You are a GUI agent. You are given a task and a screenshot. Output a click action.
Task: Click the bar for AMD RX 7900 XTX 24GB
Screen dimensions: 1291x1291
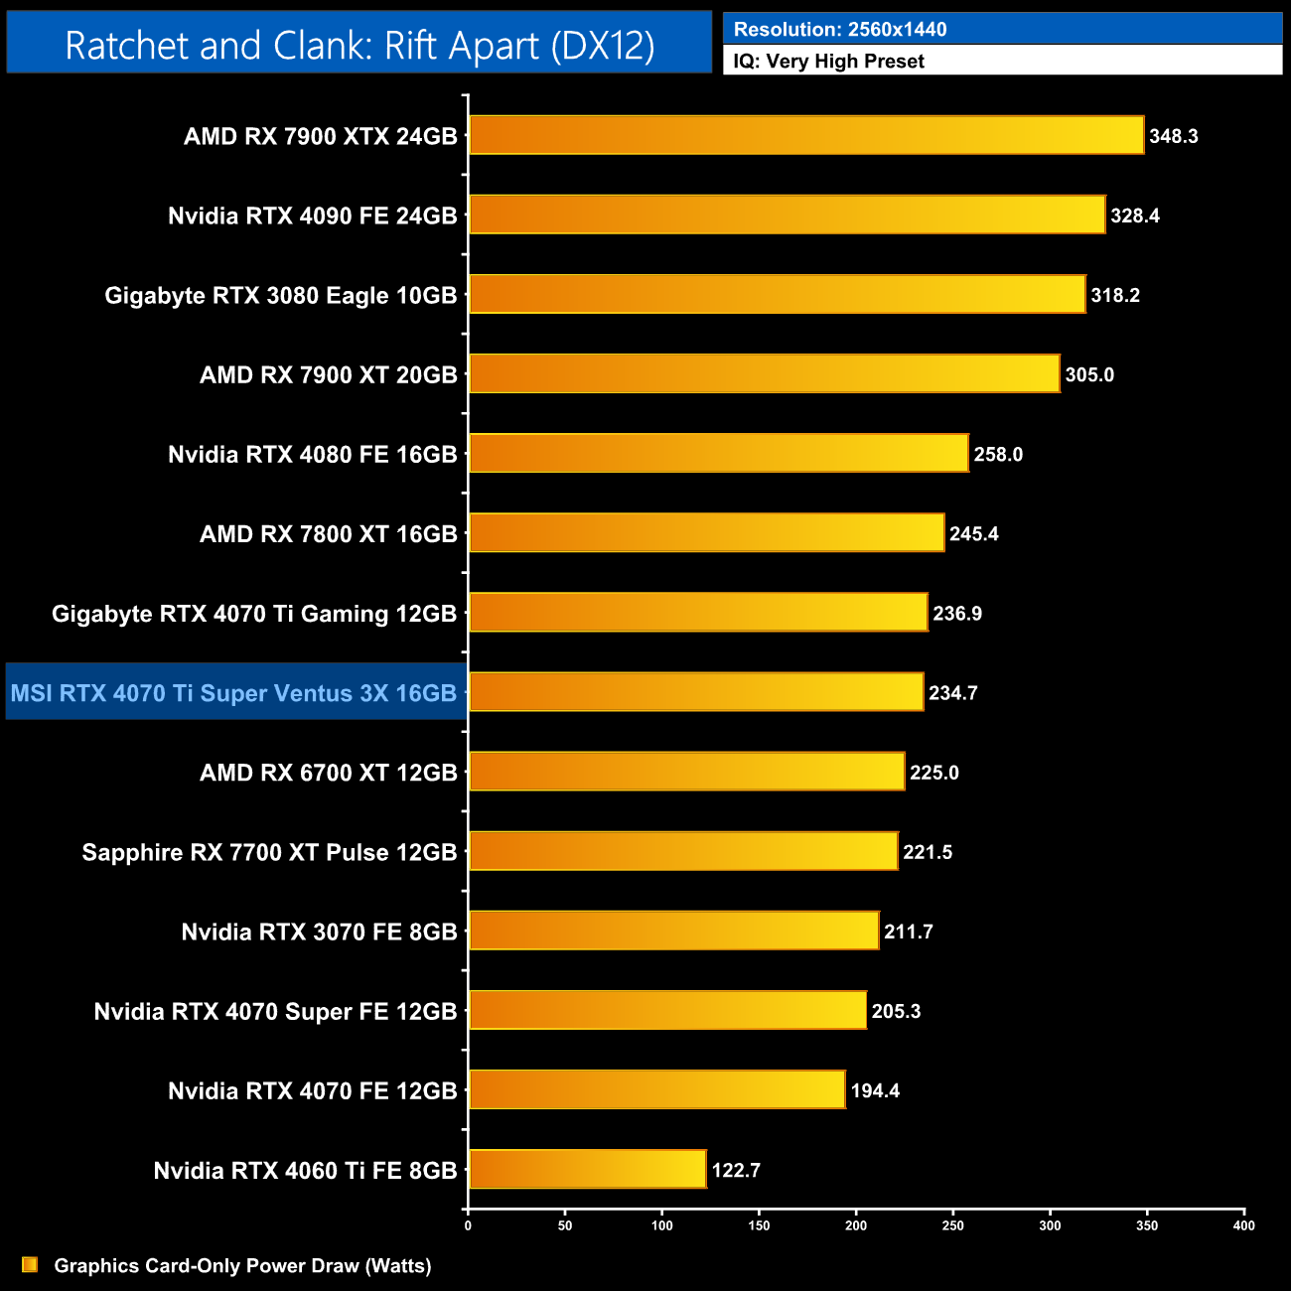[806, 135]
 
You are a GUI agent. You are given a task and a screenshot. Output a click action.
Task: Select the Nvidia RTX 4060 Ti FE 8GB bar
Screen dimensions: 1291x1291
[588, 1169]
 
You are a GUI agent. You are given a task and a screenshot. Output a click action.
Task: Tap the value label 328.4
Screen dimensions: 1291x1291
[1135, 215]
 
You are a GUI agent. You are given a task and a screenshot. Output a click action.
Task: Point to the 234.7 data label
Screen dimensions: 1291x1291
[953, 693]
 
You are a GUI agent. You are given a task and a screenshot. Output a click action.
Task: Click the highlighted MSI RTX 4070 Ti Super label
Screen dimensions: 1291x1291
[233, 693]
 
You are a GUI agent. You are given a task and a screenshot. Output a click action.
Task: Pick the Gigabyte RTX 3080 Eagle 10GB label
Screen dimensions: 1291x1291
[281, 296]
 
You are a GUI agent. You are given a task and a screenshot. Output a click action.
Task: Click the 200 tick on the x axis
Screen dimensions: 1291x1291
[856, 1225]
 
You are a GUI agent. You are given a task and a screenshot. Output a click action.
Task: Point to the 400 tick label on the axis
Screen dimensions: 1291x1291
[1243, 1225]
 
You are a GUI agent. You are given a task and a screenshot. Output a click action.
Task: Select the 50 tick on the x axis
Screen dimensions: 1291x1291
[565, 1225]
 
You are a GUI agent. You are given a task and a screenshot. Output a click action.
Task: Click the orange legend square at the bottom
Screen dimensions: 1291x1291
[30, 1264]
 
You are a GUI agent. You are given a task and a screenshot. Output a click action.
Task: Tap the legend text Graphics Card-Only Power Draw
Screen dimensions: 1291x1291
[242, 1265]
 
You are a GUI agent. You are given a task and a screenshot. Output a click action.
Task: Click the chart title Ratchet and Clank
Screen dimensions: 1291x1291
[359, 46]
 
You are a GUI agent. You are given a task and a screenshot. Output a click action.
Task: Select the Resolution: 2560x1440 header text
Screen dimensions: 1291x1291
[840, 30]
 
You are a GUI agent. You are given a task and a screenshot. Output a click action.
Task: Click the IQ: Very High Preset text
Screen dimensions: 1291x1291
[829, 62]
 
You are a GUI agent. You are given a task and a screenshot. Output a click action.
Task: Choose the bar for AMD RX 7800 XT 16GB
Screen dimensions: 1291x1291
[706, 532]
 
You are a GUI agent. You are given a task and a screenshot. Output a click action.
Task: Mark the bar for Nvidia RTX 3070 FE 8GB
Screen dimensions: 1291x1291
[673, 931]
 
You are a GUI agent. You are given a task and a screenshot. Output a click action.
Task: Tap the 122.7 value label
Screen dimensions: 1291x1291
[736, 1170]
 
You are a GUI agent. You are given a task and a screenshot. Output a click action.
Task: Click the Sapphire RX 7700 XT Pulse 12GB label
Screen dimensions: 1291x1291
[269, 852]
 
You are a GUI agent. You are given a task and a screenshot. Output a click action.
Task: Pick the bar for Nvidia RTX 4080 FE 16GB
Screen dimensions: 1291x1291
[718, 453]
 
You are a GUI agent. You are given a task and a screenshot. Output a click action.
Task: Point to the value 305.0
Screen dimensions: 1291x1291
[1089, 374]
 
